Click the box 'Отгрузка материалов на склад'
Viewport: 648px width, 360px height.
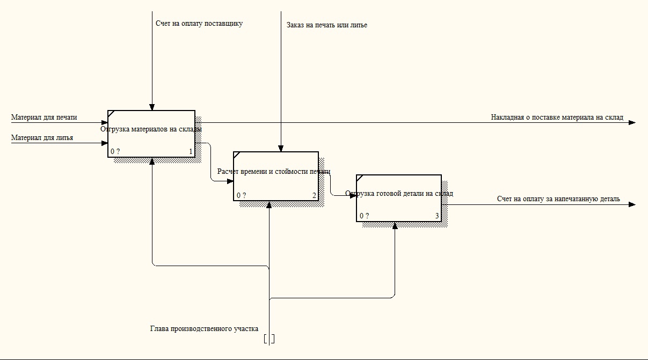click(151, 134)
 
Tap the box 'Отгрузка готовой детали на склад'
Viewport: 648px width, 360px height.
click(398, 198)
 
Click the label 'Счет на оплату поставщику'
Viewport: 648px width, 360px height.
click(199, 24)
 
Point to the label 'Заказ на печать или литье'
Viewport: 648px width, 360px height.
click(327, 25)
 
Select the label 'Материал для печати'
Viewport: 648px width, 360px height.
click(44, 117)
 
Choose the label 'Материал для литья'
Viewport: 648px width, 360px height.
click(42, 138)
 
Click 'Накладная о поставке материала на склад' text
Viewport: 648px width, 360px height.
click(557, 117)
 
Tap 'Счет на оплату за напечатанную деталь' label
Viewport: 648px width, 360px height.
click(558, 199)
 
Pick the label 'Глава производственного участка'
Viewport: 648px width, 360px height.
click(204, 328)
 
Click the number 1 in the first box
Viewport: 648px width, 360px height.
click(191, 152)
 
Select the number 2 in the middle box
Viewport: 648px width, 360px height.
click(315, 195)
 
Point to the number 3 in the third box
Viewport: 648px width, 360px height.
click(437, 216)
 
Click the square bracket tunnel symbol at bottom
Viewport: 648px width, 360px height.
click(270, 339)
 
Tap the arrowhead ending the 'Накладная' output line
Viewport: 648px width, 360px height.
click(632, 122)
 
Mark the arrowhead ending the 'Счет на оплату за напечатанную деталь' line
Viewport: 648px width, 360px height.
click(632, 204)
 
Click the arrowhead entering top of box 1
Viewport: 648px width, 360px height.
click(152, 107)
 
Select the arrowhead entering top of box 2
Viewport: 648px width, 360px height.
click(280, 149)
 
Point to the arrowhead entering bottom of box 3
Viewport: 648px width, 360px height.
click(395, 225)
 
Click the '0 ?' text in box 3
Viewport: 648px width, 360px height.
click(365, 216)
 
